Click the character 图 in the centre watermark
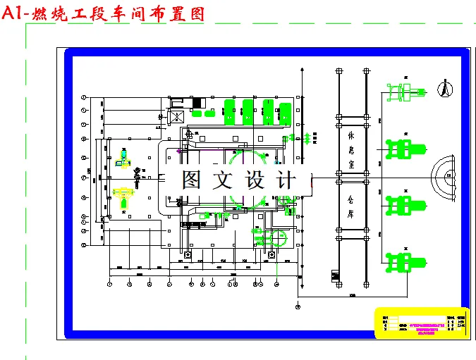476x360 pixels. pos(191,180)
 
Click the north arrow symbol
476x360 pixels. pos(444,89)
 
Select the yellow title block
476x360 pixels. pos(420,323)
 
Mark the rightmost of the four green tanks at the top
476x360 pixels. pos(285,112)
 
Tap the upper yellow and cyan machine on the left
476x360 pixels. pos(124,160)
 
